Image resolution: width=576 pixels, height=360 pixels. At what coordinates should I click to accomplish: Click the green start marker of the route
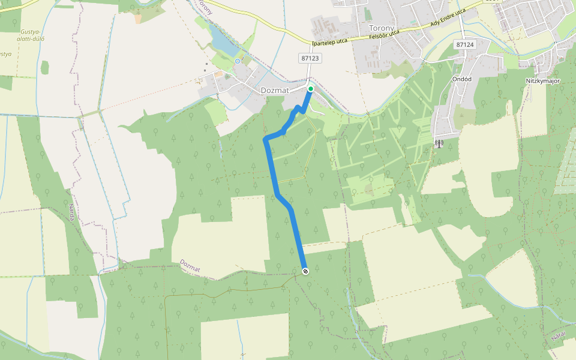coord(310,89)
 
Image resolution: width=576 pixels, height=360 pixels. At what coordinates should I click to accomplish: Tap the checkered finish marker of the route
coord(305,272)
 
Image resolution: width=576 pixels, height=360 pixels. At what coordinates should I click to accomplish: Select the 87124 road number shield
coord(464,45)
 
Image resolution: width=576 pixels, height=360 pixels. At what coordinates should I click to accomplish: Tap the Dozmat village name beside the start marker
coord(275,91)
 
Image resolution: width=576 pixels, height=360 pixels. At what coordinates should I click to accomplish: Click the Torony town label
coord(382,28)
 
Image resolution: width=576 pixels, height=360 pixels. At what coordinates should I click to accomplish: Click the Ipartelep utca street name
coord(329,41)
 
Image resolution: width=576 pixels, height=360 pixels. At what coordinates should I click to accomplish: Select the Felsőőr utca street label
coord(385,35)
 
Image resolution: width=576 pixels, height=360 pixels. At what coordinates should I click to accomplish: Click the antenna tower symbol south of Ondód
coord(439,143)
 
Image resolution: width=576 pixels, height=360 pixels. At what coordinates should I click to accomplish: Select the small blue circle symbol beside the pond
coord(238,61)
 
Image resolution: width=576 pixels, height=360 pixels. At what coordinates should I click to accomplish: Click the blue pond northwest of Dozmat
coord(220,43)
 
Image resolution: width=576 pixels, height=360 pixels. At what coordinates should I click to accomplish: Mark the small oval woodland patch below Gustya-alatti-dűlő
coord(45,67)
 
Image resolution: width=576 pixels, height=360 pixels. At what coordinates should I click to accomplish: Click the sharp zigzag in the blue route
coord(298,109)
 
